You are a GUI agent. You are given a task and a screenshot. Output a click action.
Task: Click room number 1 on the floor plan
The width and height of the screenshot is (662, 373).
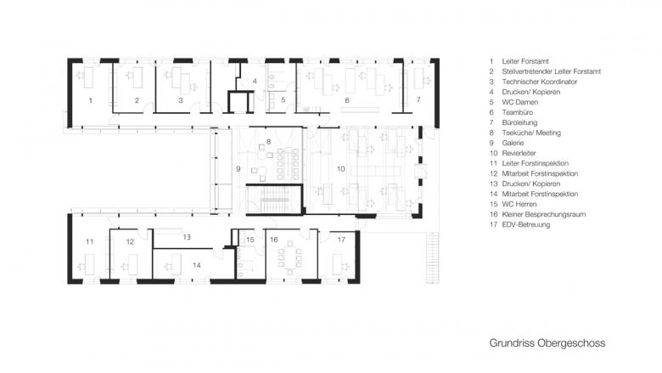tap(90, 100)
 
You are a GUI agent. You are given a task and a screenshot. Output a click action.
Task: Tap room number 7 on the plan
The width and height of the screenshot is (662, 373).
tap(418, 99)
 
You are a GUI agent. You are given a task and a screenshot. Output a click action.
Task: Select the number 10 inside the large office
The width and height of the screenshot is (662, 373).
tap(340, 169)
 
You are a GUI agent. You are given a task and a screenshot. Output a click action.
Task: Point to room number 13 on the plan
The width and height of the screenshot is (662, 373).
tap(187, 237)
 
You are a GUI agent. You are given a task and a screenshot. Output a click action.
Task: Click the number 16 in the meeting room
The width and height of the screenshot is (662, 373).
tap(273, 240)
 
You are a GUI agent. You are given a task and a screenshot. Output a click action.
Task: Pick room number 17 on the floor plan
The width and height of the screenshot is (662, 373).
tap(341, 240)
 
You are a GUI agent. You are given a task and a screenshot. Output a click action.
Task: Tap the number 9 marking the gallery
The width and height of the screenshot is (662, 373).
tap(238, 169)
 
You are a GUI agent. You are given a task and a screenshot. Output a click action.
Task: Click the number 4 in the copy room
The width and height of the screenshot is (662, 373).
tap(255, 81)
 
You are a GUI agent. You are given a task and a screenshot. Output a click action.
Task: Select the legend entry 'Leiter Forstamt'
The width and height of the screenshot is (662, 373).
tap(525, 61)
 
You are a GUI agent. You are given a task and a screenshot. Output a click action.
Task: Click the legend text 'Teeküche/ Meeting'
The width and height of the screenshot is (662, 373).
tap(531, 133)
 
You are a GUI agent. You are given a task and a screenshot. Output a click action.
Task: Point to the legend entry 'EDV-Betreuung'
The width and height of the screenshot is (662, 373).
tap(525, 224)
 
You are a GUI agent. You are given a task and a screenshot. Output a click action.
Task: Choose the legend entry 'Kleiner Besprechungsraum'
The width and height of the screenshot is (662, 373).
tap(544, 214)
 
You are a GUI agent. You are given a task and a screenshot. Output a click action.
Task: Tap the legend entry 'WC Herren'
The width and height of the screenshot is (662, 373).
tap(519, 204)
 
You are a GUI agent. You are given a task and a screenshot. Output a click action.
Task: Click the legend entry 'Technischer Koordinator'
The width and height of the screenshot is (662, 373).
tap(540, 82)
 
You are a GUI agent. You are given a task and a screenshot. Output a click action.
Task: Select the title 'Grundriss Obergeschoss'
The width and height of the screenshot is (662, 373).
tap(547, 342)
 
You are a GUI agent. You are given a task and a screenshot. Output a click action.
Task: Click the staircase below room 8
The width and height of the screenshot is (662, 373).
tap(275, 199)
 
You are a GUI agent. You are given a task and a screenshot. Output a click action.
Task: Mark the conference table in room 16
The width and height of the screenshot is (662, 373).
tap(289, 257)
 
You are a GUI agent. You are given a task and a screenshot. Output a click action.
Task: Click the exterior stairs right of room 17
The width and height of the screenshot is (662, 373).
tap(432, 257)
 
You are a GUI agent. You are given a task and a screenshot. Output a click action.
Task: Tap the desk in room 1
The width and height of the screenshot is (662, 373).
tap(88, 77)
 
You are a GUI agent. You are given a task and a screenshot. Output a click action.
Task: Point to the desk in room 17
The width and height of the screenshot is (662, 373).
tap(336, 264)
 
